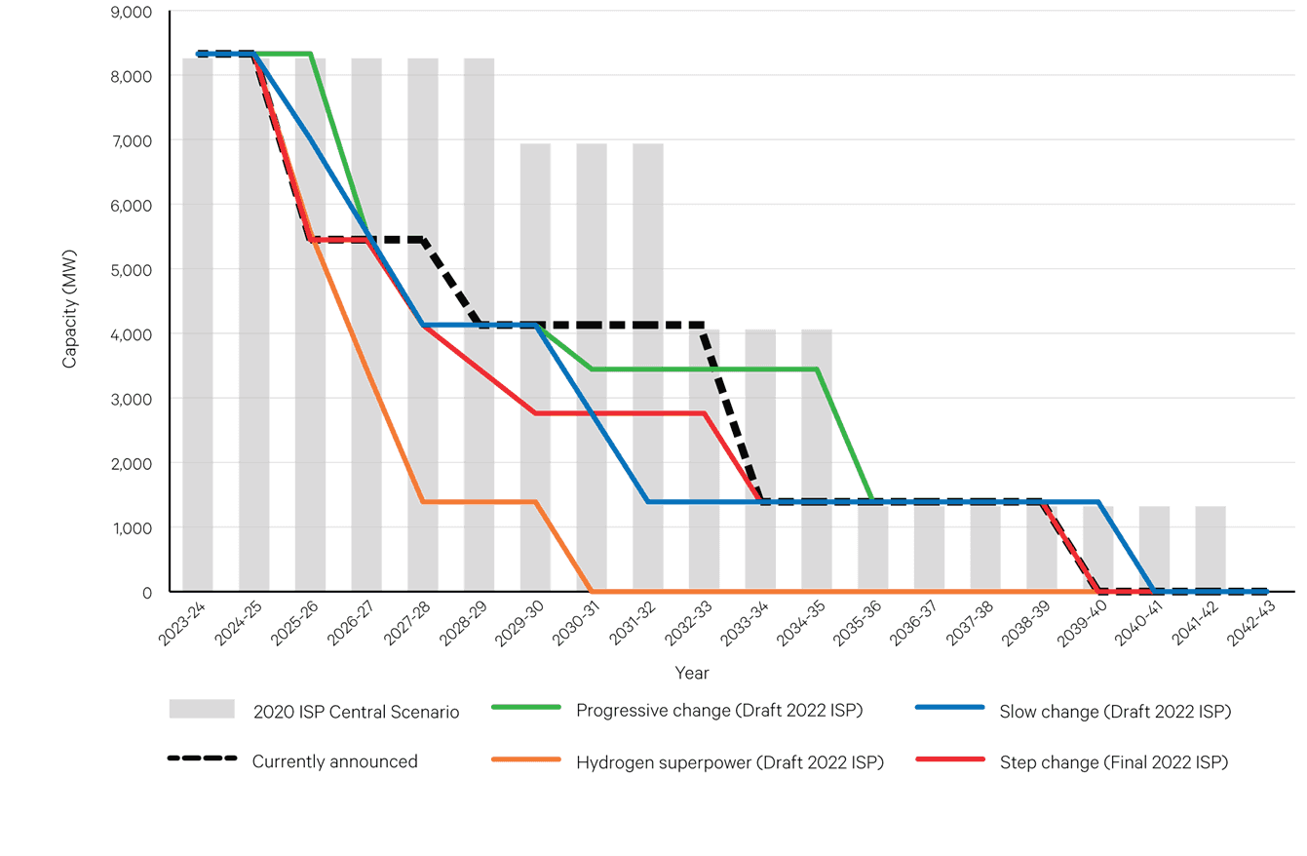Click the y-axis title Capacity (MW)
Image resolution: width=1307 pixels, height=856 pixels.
(x=69, y=309)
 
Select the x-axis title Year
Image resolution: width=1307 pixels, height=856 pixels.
(x=692, y=674)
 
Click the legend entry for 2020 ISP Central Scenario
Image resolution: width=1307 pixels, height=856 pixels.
(x=356, y=712)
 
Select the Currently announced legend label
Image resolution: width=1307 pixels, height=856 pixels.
(x=334, y=761)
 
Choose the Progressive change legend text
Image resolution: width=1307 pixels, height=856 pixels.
(x=720, y=710)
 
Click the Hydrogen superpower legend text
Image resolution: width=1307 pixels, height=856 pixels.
(x=730, y=761)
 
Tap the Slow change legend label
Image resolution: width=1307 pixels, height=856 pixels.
(x=1115, y=712)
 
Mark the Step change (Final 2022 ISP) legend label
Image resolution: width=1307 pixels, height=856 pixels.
(x=1113, y=761)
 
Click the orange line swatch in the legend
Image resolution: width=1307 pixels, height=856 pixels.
(x=527, y=759)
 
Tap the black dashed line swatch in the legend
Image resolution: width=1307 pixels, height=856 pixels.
(x=203, y=759)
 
